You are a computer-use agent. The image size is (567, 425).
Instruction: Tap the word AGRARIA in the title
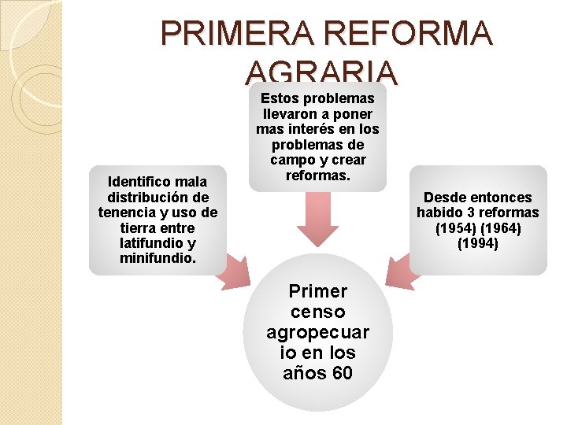pyautogui.click(x=323, y=73)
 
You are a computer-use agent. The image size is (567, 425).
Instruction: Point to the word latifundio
pyautogui.click(x=150, y=243)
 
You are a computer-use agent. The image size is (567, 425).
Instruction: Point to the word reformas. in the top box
pyautogui.click(x=317, y=175)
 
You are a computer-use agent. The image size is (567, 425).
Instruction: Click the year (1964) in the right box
pyautogui.click(x=501, y=228)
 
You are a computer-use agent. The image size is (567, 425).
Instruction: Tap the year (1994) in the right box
pyautogui.click(x=478, y=243)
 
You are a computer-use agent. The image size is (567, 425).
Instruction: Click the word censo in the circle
pyautogui.click(x=317, y=312)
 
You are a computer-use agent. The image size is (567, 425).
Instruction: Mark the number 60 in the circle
pyautogui.click(x=342, y=373)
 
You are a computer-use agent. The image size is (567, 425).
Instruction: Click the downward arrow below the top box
pyautogui.click(x=317, y=220)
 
